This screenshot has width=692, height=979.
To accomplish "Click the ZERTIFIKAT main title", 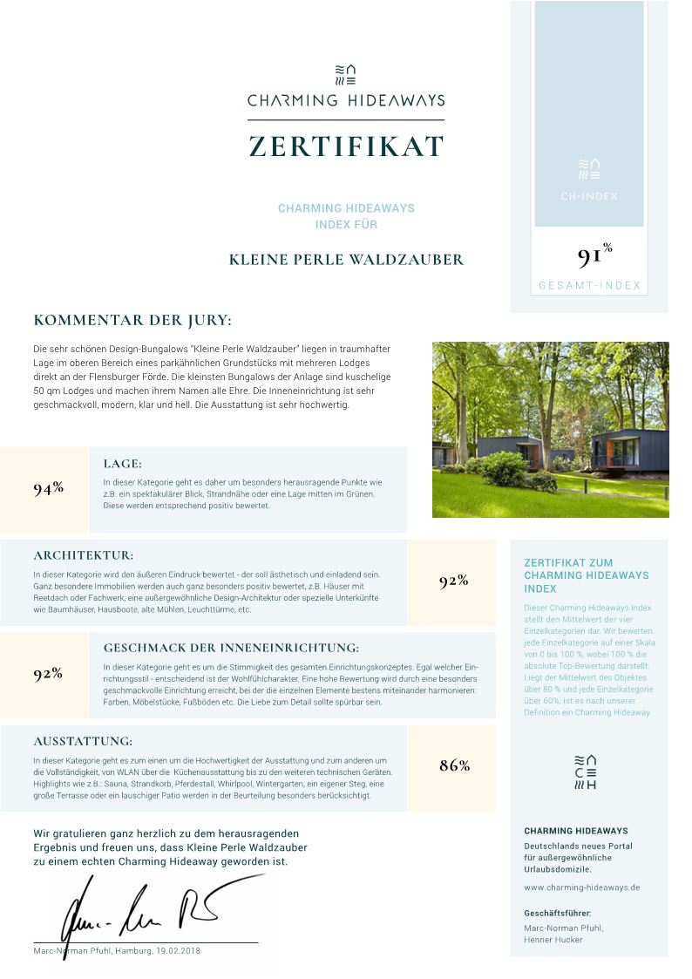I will (346, 146).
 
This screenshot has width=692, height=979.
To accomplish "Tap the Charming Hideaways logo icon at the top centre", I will (346, 74).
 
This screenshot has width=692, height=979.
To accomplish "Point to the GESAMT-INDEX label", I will (589, 285).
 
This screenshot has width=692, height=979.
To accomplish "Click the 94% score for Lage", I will (48, 488).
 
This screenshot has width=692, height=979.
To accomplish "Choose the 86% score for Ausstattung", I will (454, 766).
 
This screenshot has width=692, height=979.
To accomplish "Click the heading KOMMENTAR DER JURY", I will (132, 320).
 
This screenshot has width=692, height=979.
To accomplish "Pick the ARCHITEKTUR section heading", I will (84, 554).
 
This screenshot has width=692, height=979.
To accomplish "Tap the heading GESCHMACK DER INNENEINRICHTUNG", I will (231, 648).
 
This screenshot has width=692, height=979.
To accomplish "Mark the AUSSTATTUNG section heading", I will (83, 741).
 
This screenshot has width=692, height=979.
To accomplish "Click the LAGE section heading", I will (123, 464).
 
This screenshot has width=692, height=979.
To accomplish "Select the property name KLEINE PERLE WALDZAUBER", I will (346, 260).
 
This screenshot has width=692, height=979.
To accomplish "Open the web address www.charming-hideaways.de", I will (582, 887).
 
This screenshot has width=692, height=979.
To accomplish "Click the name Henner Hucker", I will (553, 940).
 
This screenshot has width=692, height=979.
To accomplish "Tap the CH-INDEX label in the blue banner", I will (589, 196).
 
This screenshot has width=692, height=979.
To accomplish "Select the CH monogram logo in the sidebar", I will (589, 771).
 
